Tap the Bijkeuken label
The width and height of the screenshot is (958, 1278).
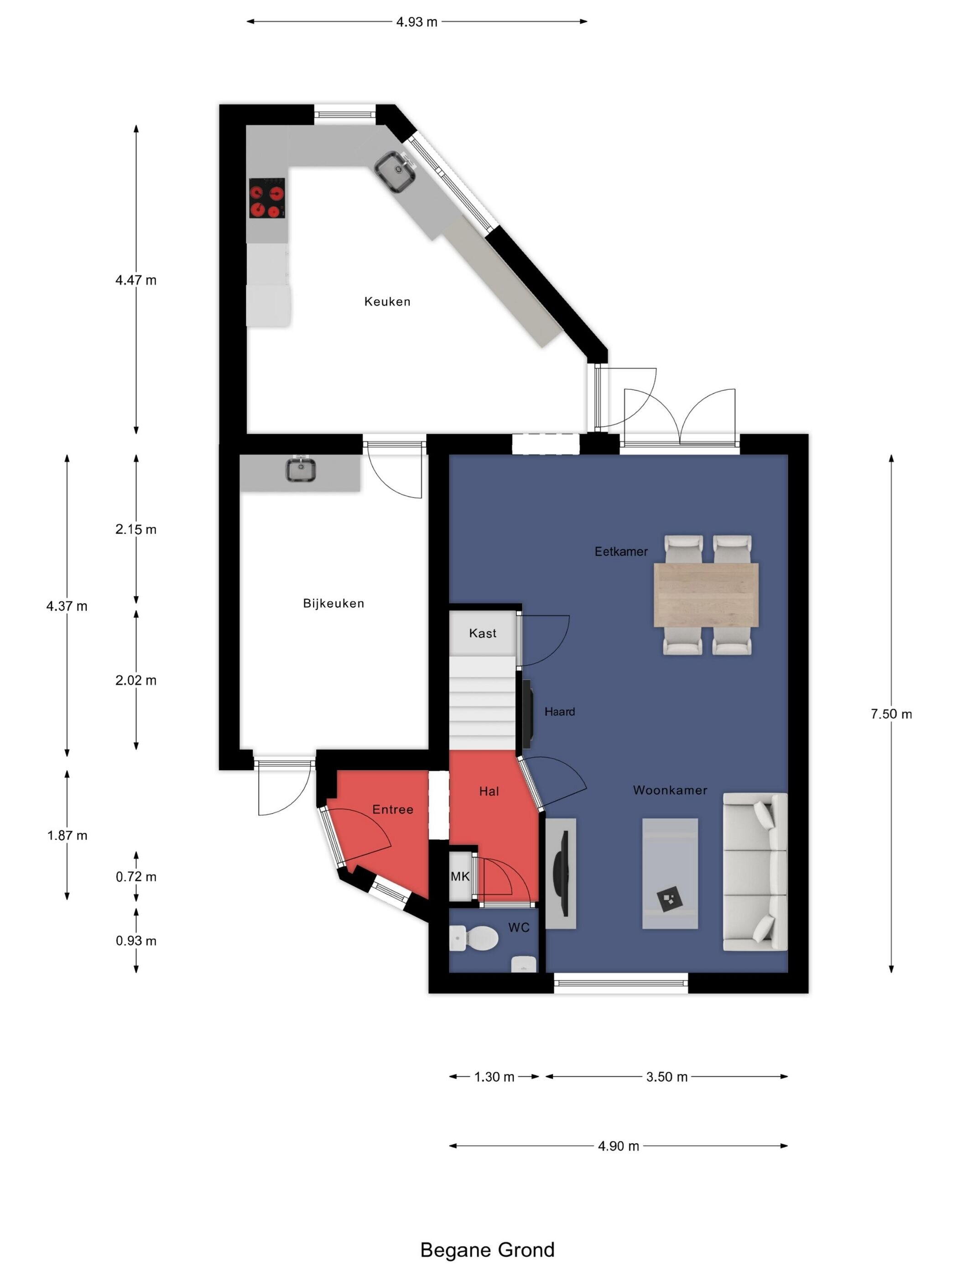[x=333, y=603]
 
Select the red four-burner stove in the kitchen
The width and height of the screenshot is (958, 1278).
[x=267, y=198]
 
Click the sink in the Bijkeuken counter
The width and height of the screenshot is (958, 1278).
[x=301, y=470]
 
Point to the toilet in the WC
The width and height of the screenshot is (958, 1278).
[x=474, y=937]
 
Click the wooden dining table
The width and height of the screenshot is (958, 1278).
[x=706, y=595]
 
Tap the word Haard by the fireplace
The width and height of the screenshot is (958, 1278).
[x=560, y=712]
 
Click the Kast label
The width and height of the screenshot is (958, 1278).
[x=482, y=633]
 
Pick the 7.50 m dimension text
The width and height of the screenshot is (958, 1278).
[x=891, y=714]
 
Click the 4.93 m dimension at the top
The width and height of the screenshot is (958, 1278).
[x=417, y=22]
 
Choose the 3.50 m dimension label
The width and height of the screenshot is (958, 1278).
[x=667, y=1077]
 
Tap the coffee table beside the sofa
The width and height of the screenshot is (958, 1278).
[x=670, y=874]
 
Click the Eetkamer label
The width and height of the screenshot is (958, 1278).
[x=621, y=551]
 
